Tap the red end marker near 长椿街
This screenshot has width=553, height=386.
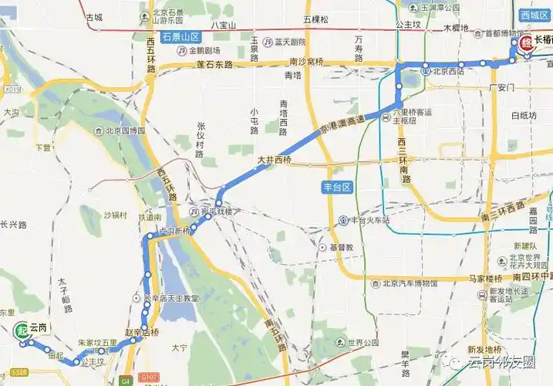click(524, 43)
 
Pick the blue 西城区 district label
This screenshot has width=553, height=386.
click(531, 15)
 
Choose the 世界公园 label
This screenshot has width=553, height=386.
click(362, 343)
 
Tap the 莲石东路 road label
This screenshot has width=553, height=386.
click(213, 65)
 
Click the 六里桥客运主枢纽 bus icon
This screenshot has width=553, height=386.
click(386, 116)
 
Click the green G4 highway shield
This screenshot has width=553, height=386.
click(126, 380)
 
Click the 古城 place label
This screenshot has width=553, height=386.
click(94, 17)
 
